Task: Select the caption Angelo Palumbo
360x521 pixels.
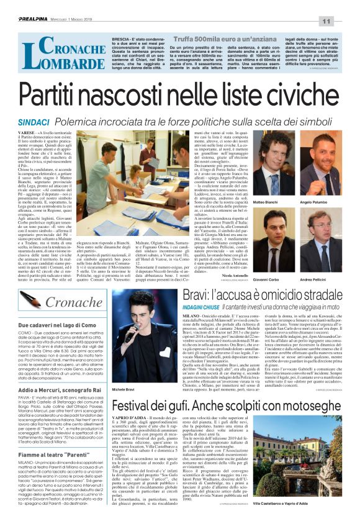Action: [314, 185]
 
